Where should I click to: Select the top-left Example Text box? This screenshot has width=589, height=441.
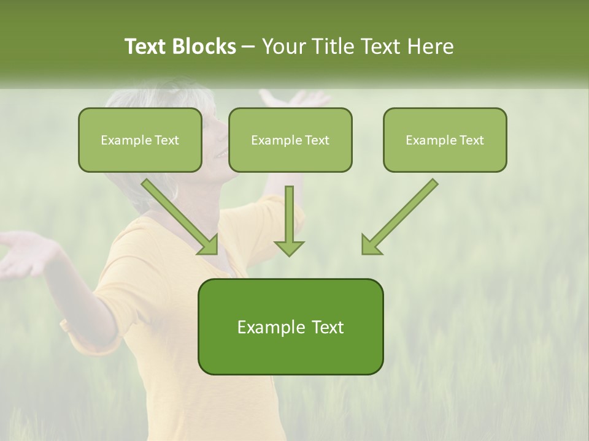click(x=140, y=140)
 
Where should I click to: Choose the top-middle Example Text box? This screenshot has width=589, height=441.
click(x=290, y=140)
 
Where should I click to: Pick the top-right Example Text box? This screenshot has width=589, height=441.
click(x=445, y=140)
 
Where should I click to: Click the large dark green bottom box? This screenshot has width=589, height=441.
click(x=290, y=326)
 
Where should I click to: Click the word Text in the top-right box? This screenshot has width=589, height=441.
click(x=471, y=140)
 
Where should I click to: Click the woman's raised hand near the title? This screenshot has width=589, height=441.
click(x=294, y=98)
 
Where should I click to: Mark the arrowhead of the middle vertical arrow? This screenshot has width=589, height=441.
click(x=289, y=247)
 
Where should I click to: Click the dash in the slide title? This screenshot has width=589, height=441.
click(x=248, y=47)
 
